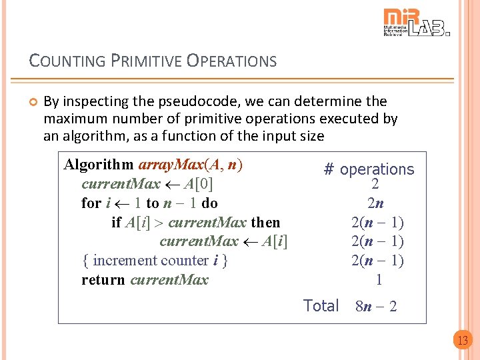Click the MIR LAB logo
417,23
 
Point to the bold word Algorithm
99,165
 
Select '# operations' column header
369,169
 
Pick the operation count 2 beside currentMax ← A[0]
375,185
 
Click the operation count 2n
375,203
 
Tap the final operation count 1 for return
379,279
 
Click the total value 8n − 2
377,307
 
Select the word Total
321,306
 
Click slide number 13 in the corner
462,341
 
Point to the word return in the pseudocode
103,280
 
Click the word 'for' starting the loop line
91,203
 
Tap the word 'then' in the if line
265,223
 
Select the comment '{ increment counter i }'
155,261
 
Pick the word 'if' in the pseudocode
116,223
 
